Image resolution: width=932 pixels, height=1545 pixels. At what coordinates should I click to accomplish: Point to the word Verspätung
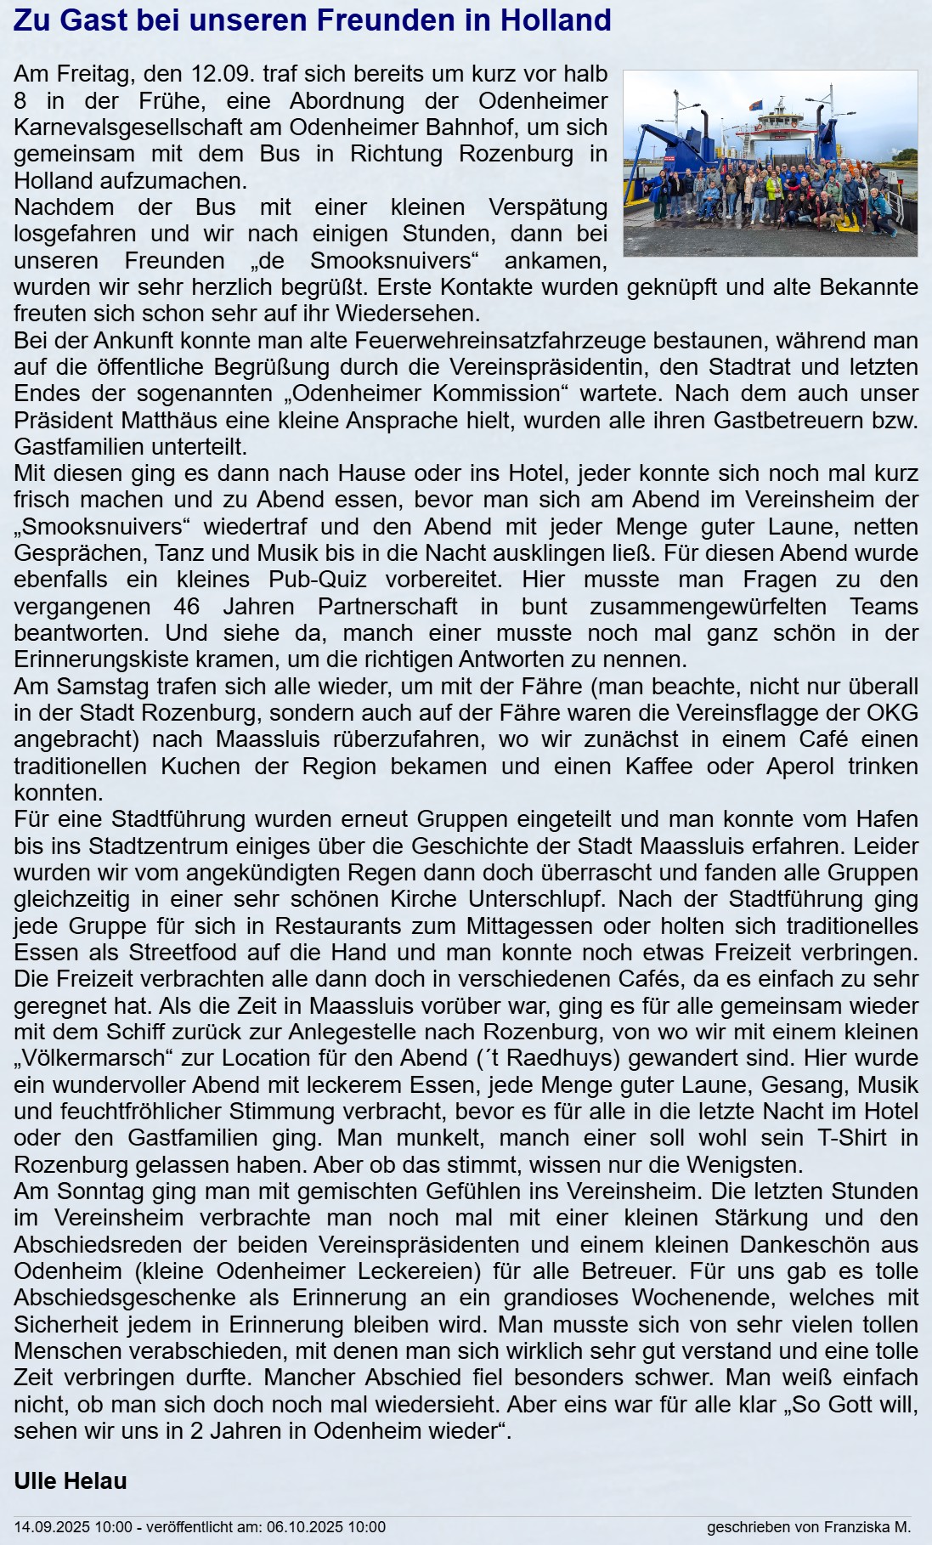(548, 207)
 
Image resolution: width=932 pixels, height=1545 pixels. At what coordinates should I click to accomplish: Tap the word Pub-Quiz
(318, 580)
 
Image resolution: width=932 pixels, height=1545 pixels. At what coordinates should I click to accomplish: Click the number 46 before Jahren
(186, 607)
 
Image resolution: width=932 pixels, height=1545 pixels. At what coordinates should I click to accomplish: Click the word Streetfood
(190, 953)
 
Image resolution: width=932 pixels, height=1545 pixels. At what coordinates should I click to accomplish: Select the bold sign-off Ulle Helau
(71, 1481)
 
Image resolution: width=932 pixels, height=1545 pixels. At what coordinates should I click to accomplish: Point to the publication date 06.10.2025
(302, 1527)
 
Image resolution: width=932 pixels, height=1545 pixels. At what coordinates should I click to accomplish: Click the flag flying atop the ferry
(754, 105)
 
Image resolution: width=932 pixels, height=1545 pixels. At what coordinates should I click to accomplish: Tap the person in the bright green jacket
(775, 189)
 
